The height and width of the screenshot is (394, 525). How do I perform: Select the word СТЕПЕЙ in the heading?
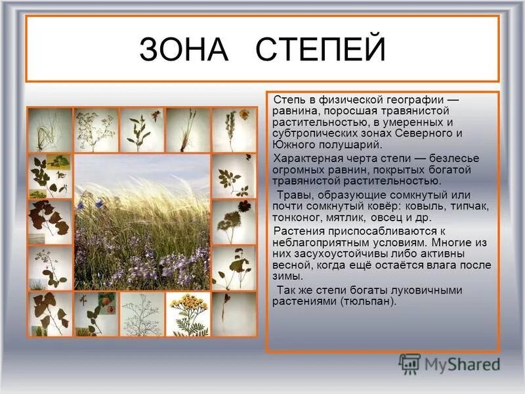point(320,49)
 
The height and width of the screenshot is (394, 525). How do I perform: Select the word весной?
point(290,265)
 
